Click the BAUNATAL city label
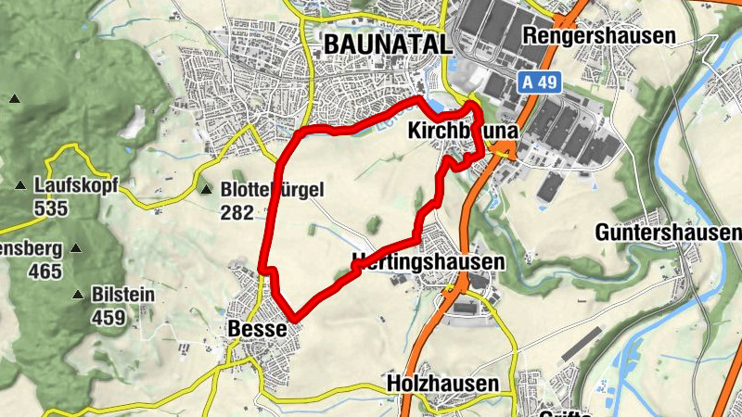[x=388, y=44]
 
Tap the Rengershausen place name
[x=599, y=35]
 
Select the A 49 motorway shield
[x=539, y=82]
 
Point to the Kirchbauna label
[x=461, y=133]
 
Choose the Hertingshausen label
[x=429, y=262]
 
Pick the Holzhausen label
[x=441, y=383]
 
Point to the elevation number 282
[x=237, y=212]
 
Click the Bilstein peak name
[x=123, y=296]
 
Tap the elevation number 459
[x=109, y=317]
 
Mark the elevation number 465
[x=45, y=272]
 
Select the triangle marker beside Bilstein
[x=78, y=296]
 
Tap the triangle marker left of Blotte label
[x=206, y=190]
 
